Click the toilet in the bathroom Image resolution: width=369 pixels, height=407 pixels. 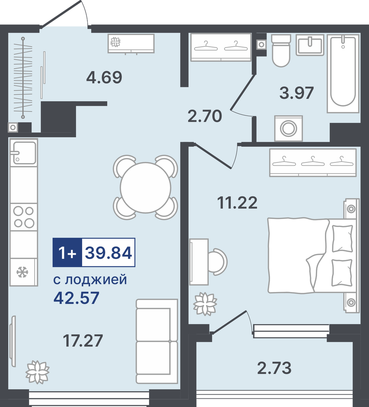281,50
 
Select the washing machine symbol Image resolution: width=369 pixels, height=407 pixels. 288,128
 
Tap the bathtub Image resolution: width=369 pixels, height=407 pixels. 343,73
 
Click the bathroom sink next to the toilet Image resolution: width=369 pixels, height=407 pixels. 310,44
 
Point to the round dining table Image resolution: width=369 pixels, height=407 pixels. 145,187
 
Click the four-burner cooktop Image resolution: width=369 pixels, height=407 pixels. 24,217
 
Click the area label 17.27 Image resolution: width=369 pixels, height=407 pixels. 83,341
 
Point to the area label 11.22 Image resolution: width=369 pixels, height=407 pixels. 238,203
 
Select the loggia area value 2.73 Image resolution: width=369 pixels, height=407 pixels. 274,368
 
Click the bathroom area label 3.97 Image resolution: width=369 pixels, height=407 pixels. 297,93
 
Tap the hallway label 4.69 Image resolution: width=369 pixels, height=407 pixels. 104,77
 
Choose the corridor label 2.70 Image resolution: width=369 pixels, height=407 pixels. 204,116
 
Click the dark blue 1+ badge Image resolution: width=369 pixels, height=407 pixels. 67,252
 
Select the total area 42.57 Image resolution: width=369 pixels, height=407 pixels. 76,298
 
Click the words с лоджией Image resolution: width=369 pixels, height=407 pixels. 90,280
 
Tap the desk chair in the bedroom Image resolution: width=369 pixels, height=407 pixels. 218,262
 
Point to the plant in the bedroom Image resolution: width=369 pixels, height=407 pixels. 205,304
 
